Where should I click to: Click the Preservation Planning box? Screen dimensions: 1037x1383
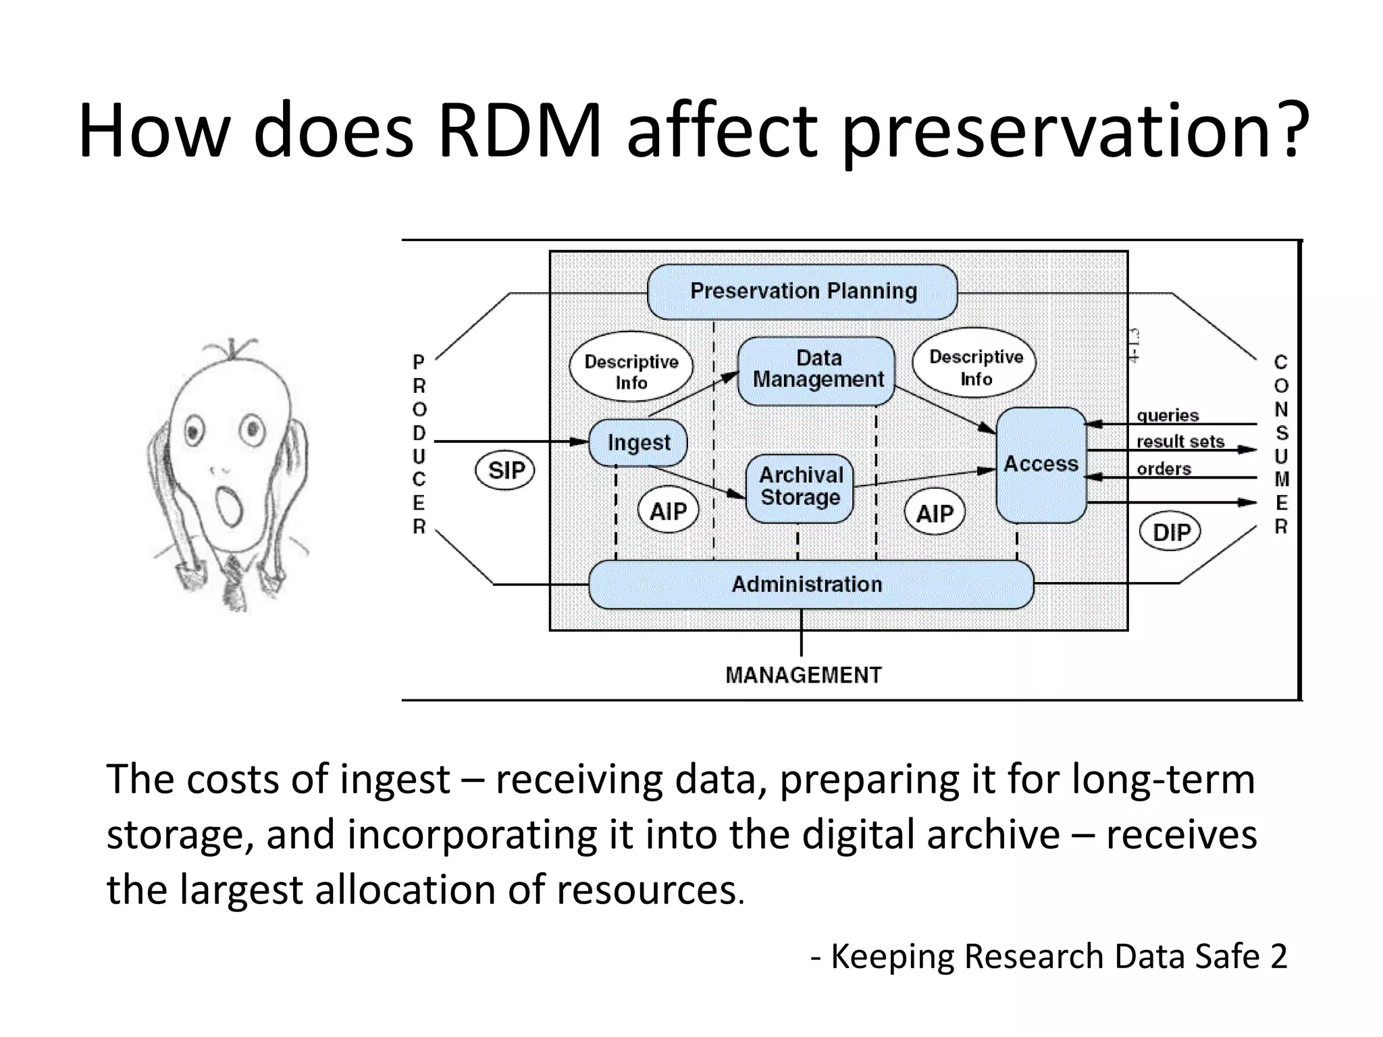click(x=802, y=292)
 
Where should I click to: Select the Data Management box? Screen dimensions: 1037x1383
click(x=817, y=370)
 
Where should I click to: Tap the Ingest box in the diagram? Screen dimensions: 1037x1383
click(x=638, y=443)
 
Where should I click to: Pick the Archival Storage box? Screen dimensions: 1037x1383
click(x=800, y=487)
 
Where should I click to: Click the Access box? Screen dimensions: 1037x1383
click(x=1041, y=464)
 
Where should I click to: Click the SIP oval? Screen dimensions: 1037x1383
click(x=505, y=470)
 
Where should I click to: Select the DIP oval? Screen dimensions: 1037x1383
click(x=1170, y=532)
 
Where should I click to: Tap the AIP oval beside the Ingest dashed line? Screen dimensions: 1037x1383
click(x=667, y=511)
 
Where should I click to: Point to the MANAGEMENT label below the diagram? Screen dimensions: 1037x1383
click(x=803, y=675)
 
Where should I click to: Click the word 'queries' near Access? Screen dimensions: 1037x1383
click(x=1168, y=415)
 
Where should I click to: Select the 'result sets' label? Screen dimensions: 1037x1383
click(x=1180, y=442)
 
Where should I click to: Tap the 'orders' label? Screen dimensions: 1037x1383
click(x=1164, y=469)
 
